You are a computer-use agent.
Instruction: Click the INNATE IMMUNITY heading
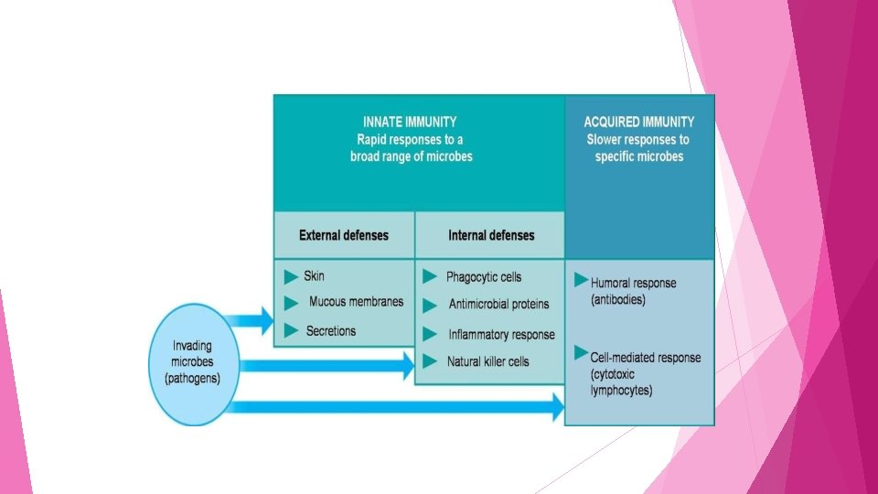coord(410,122)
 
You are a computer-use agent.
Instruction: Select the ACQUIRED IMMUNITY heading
coord(638,122)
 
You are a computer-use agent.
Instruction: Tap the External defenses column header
coord(344,235)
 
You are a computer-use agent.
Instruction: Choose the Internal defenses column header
coord(491,235)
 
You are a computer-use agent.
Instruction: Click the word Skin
coord(314,275)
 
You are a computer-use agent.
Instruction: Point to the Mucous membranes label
coord(356,302)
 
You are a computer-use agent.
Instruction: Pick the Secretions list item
coord(331,330)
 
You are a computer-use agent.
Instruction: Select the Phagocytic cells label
coord(484,277)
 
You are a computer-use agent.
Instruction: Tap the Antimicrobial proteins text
coord(498,305)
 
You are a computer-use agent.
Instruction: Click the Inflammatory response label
coord(501,335)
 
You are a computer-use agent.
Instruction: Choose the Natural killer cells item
coord(487,361)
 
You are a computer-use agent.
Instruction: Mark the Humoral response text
coord(633,284)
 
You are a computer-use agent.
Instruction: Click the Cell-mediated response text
coord(645,358)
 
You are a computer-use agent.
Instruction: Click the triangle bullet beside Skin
coord(291,275)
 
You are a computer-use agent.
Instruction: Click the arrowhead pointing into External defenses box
coord(266,320)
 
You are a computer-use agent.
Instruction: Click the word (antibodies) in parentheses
coord(618,300)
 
